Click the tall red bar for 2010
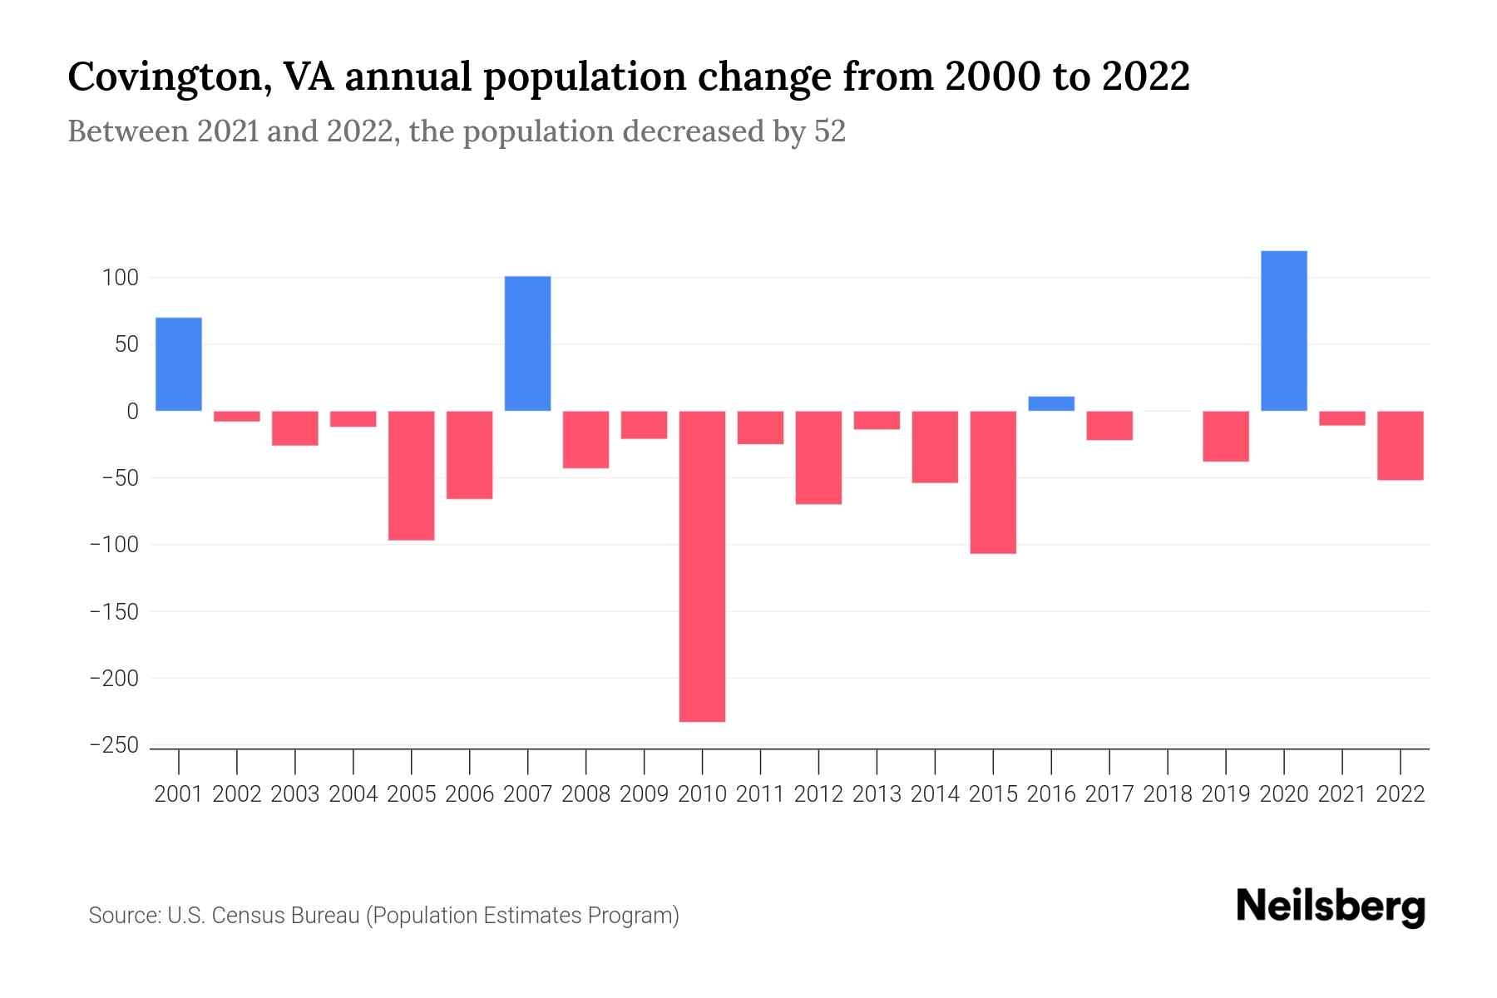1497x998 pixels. (702, 566)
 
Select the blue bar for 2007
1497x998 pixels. (527, 343)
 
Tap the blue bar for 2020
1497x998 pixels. (1283, 331)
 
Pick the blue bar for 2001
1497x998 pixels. (179, 364)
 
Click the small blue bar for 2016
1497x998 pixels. (1051, 403)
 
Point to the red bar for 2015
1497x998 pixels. (993, 482)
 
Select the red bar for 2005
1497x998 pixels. (411, 476)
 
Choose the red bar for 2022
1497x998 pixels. (1400, 446)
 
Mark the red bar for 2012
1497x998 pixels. (818, 457)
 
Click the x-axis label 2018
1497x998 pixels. (1168, 794)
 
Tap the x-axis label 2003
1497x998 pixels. (295, 794)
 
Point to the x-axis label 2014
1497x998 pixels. (935, 794)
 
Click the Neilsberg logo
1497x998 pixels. (1331, 907)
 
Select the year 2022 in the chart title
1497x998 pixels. (1145, 77)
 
